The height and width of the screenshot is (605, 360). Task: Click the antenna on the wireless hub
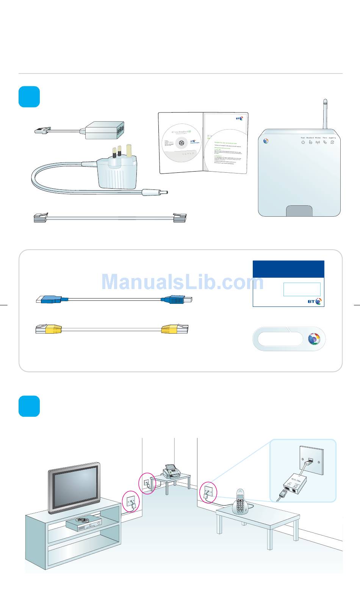[325, 114]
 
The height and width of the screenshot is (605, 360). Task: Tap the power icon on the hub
[303, 142]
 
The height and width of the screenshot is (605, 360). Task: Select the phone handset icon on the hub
[325, 142]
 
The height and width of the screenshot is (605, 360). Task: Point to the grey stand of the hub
[299, 211]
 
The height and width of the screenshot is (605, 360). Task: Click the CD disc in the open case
[182, 142]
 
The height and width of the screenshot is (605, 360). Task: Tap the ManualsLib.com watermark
[182, 282]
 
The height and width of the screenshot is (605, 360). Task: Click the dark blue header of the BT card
[288, 269]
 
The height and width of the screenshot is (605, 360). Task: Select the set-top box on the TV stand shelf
[84, 524]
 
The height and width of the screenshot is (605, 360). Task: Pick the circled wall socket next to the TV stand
[131, 502]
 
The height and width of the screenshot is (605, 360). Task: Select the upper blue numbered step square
[29, 97]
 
